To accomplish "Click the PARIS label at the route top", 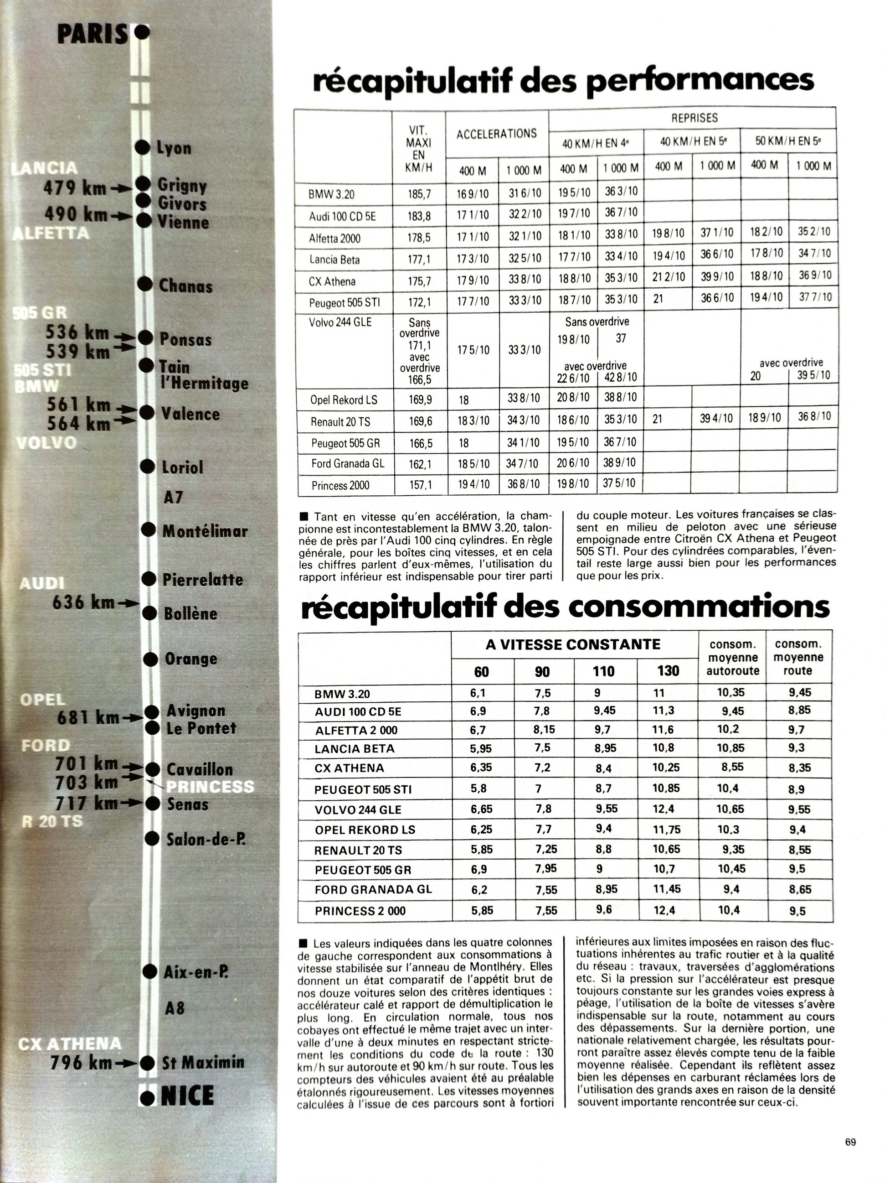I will (x=93, y=34).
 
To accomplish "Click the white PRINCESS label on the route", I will (x=210, y=786).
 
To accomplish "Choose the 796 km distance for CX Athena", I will (x=81, y=1063).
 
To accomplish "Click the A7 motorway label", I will (x=173, y=498).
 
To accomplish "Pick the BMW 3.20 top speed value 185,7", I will (x=419, y=194).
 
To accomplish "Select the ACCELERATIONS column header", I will (x=496, y=134).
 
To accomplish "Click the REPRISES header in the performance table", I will (x=694, y=118).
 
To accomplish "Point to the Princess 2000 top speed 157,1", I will (x=420, y=485).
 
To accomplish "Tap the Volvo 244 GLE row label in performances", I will (x=340, y=322).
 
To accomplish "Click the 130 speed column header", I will (x=668, y=671).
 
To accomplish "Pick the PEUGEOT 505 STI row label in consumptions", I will (x=362, y=789).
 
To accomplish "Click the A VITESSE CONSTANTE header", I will (x=573, y=644).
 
